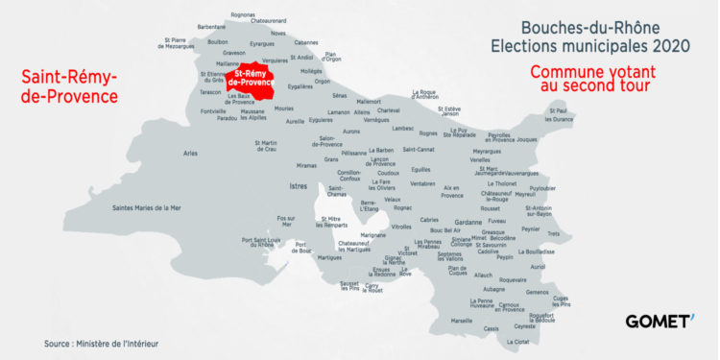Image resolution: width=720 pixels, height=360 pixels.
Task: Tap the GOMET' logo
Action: (x=659, y=321)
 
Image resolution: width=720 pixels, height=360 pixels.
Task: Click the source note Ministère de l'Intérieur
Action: (x=101, y=343)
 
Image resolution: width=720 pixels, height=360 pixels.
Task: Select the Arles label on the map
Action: (x=190, y=153)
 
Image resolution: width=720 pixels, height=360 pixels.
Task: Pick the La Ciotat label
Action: (x=516, y=342)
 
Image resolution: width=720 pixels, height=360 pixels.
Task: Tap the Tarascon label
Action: (x=210, y=93)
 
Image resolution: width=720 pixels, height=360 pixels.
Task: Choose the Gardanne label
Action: (x=468, y=222)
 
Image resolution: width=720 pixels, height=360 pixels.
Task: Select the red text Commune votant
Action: (x=589, y=71)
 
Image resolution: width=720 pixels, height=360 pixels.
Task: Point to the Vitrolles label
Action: (x=401, y=227)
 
